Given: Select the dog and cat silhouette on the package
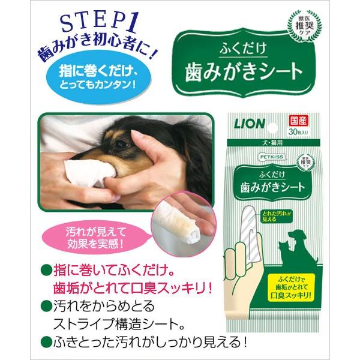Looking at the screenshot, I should (299, 242).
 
